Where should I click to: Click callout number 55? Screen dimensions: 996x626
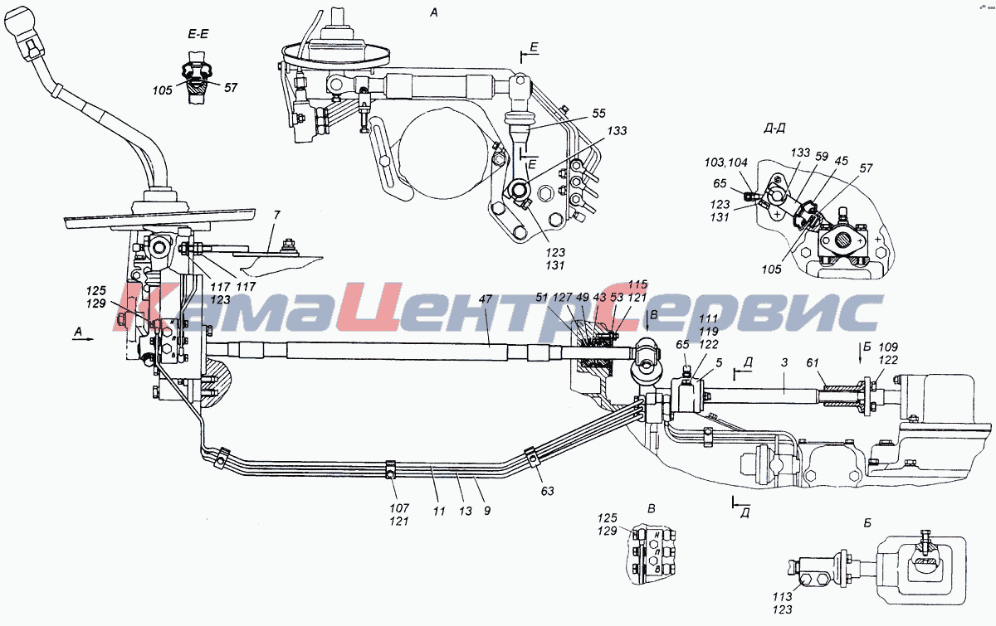point(599,114)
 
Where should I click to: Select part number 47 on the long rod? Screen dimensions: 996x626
point(485,299)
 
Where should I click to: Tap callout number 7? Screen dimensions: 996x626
point(277,215)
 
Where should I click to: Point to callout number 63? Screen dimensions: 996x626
point(547,491)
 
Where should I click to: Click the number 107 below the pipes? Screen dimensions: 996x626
point(399,507)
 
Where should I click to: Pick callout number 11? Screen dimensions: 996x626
point(439,512)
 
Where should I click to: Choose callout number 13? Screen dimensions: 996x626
point(465,512)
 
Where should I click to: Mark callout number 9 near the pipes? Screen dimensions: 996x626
point(487,511)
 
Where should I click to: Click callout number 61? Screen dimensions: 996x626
point(813,363)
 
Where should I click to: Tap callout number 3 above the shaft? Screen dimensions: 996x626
point(784,362)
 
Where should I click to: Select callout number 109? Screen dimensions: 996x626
point(888,347)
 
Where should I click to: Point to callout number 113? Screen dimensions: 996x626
point(782,596)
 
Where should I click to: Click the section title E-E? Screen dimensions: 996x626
point(198,34)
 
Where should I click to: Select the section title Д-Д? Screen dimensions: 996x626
point(774,129)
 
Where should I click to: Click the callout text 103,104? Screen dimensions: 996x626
point(725,163)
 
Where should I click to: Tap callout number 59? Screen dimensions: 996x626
point(822,157)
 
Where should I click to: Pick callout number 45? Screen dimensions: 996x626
point(842,160)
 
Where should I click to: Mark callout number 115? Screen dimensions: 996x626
point(638,284)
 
